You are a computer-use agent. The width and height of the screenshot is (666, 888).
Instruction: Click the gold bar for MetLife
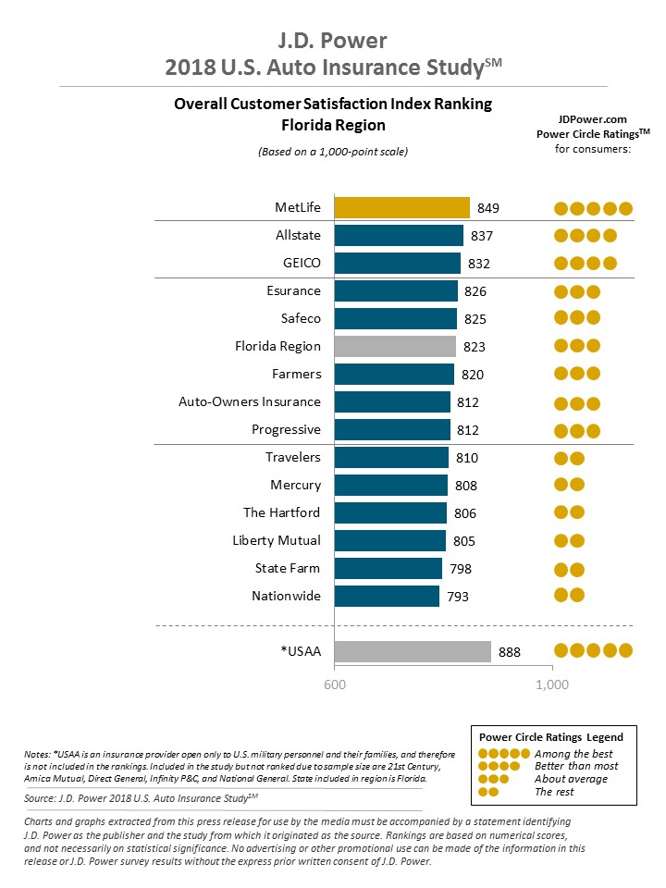(x=401, y=207)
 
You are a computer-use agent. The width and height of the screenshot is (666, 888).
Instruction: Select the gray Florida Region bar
(x=395, y=346)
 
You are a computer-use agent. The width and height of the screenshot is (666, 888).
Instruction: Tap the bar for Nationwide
(x=387, y=596)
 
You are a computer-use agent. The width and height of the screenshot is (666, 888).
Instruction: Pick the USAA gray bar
(x=413, y=651)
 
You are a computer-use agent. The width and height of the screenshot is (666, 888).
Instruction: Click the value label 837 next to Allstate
(x=482, y=236)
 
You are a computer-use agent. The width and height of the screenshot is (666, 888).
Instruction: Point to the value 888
(x=510, y=652)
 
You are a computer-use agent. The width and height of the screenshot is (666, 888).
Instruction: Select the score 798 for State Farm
(x=461, y=569)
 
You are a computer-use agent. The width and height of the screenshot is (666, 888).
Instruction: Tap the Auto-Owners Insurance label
(x=250, y=401)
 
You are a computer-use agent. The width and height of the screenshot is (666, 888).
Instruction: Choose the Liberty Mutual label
(x=277, y=540)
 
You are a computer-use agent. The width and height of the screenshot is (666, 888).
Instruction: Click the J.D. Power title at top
(x=333, y=41)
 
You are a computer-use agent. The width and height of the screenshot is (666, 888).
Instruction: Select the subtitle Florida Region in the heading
(x=333, y=124)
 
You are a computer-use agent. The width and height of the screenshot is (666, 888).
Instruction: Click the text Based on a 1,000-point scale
(x=333, y=151)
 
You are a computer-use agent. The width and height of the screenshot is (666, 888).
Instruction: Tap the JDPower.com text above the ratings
(x=593, y=119)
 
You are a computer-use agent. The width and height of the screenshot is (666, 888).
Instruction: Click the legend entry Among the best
(x=574, y=754)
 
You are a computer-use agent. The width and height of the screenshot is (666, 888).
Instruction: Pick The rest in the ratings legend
(x=555, y=792)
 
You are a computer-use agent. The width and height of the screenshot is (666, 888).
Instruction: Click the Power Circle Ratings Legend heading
(x=551, y=737)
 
